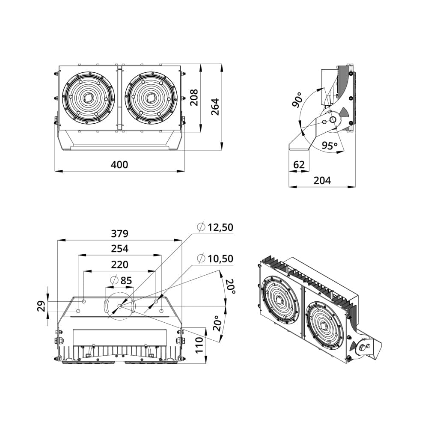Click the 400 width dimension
click(119, 165)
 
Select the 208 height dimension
click(194, 98)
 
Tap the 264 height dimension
click(215, 107)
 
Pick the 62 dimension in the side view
click(299, 164)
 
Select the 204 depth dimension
click(322, 180)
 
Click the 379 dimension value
click(119, 234)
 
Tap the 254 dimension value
click(119, 249)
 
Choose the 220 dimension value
click(119, 265)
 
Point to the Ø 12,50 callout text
click(215, 227)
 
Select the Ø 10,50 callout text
click(215, 259)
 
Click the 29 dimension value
click(42, 306)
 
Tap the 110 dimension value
click(199, 345)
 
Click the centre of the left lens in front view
click(89, 98)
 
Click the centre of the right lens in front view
click(151, 98)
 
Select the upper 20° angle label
click(231, 286)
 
